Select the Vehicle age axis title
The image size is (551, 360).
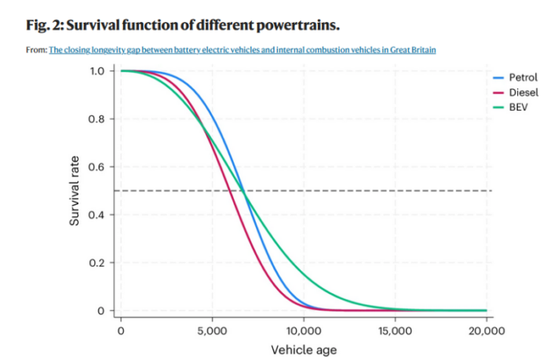pyautogui.click(x=303, y=349)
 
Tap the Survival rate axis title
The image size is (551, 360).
pyautogui.click(x=75, y=191)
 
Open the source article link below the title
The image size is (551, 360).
pyautogui.click(x=243, y=50)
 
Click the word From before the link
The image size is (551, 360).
pyautogui.click(x=35, y=50)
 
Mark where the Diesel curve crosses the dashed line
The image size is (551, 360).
pyautogui.click(x=228, y=191)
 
